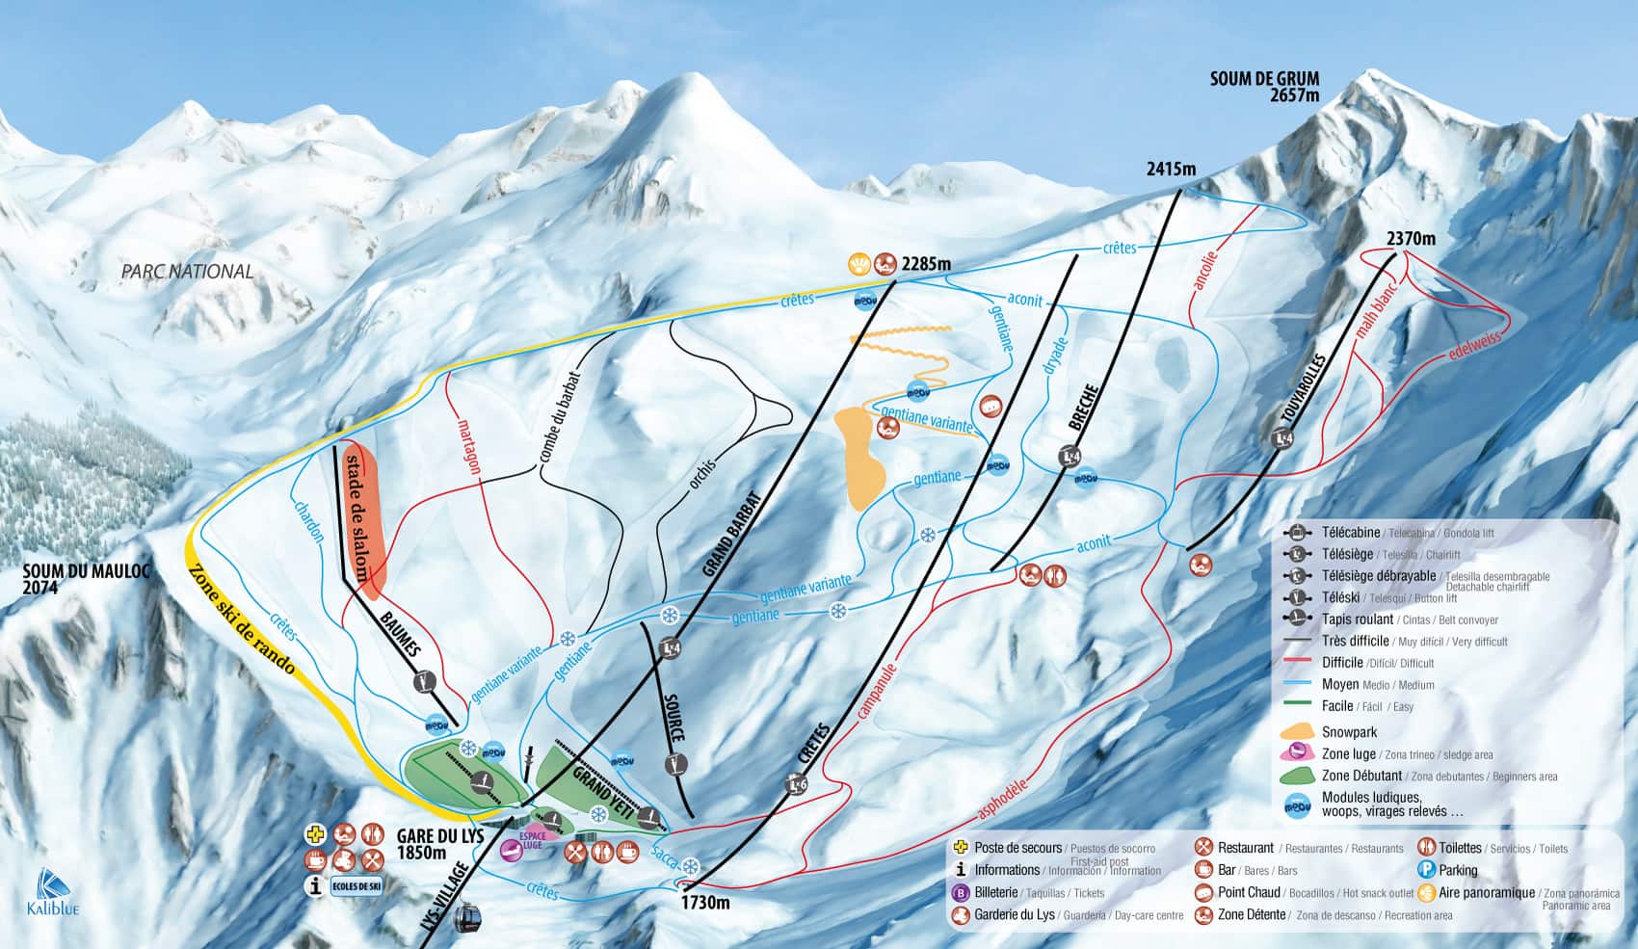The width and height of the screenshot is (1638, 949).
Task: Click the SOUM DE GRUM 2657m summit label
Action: coord(1264,86)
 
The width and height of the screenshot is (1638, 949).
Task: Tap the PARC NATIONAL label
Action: coord(188,272)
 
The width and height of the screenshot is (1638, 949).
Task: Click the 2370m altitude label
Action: coord(1411,238)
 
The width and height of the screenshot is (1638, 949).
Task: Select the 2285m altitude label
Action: coord(925,263)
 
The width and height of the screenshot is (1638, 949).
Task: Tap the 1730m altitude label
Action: coord(705,903)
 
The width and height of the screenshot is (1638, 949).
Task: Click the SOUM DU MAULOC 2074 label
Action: coord(87,578)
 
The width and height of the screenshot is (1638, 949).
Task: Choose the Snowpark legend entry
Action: coord(1349,732)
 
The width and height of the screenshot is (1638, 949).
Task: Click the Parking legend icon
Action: coord(1426,870)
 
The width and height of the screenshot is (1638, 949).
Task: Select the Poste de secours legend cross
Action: coord(959,848)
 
